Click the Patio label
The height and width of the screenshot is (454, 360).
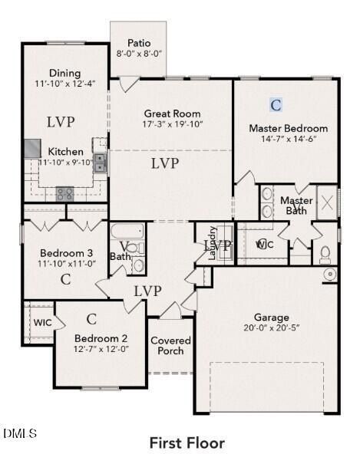click(x=139, y=43)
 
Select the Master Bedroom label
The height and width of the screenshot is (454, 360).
click(x=288, y=128)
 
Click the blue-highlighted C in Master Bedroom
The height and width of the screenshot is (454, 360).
click(x=276, y=104)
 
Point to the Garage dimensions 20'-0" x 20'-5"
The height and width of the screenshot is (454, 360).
click(x=272, y=328)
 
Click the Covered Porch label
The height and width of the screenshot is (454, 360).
click(x=170, y=346)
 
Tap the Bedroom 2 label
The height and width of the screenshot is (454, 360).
click(x=101, y=338)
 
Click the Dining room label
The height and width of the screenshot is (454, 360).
click(x=64, y=73)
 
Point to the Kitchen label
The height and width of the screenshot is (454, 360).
click(x=66, y=152)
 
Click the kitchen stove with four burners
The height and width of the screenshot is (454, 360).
click(x=64, y=194)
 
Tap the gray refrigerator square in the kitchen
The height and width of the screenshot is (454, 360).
click(x=31, y=148)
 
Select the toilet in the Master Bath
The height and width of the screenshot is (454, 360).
click(x=325, y=254)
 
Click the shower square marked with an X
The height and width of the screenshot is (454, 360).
click(x=326, y=202)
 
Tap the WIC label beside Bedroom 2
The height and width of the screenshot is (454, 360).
click(x=42, y=323)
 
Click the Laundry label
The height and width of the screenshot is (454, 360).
click(x=213, y=244)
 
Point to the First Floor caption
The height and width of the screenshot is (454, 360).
click(x=187, y=442)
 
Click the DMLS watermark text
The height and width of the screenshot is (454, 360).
click(x=19, y=434)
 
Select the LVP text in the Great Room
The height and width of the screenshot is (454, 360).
click(x=165, y=163)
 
